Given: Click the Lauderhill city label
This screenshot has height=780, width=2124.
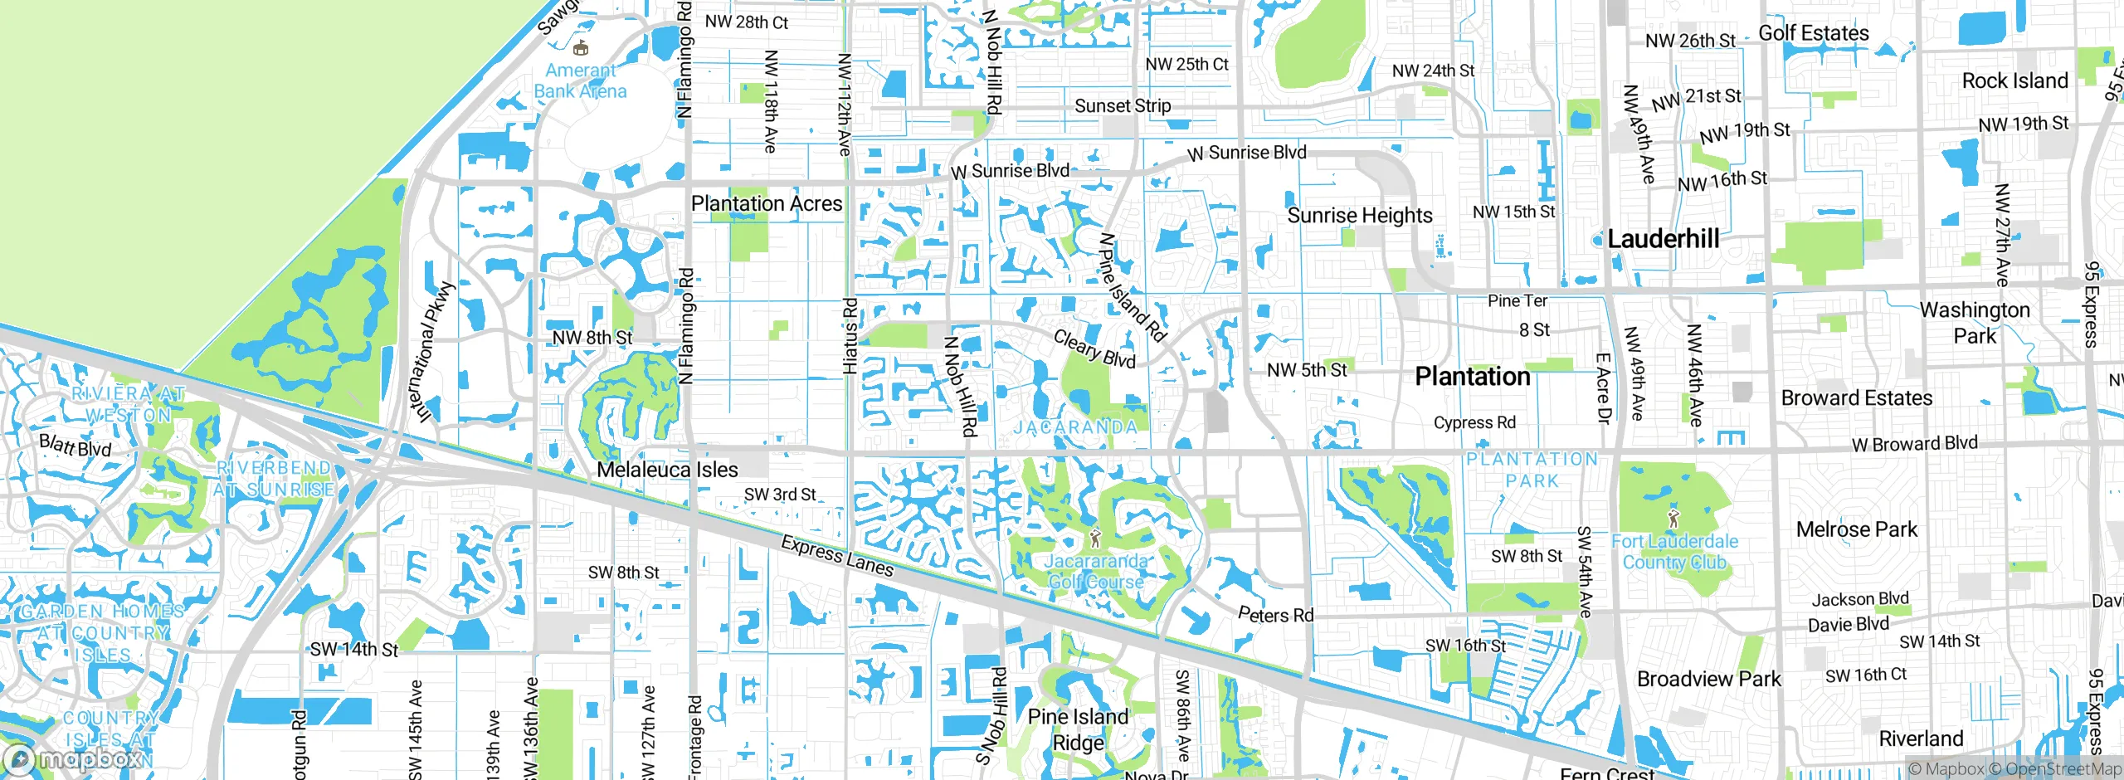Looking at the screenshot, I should pyautogui.click(x=1663, y=239).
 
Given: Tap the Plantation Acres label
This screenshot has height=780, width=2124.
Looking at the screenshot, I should pyautogui.click(x=766, y=203).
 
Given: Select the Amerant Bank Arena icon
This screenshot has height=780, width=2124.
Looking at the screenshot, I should pyautogui.click(x=581, y=48).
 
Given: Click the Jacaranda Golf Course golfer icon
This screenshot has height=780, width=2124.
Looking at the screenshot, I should pyautogui.click(x=1095, y=539).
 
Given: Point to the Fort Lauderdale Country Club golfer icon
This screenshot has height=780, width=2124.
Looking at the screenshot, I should pyautogui.click(x=1673, y=519).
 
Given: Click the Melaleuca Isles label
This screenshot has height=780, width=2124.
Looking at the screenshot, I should pyautogui.click(x=667, y=470).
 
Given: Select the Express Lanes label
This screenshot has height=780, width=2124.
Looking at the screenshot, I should pyautogui.click(x=837, y=556).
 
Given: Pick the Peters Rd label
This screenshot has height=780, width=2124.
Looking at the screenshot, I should pyautogui.click(x=1275, y=615).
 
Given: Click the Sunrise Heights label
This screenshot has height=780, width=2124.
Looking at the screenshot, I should pyautogui.click(x=1359, y=216).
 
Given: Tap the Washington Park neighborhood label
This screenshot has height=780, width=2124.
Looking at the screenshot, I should pyautogui.click(x=1975, y=323).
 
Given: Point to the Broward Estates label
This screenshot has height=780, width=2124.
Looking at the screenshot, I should pyautogui.click(x=1856, y=398).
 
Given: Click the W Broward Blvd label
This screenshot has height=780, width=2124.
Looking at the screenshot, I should pyautogui.click(x=1914, y=444).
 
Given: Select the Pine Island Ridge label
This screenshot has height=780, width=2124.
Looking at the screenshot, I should pyautogui.click(x=1078, y=729).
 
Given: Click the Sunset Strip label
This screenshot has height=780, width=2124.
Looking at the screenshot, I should pyautogui.click(x=1123, y=106).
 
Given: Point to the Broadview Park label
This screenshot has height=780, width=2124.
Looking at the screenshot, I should pyautogui.click(x=1708, y=679).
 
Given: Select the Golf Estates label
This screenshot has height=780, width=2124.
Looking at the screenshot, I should pyautogui.click(x=1814, y=33).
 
